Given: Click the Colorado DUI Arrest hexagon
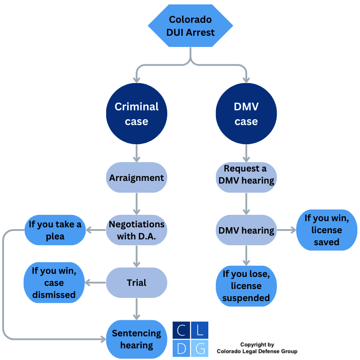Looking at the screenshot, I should coord(191,26).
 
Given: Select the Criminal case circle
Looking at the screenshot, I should coord(137,113).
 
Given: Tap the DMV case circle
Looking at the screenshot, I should coord(246,113).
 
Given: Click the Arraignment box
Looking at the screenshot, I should coord(137,177).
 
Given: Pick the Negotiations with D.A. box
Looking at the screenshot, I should coord(137,230).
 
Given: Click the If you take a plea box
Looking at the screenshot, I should coord(55,230).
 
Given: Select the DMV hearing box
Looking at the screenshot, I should coord(246,230).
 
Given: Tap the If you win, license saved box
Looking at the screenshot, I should coord(327,230).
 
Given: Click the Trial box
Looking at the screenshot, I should coord(137,283).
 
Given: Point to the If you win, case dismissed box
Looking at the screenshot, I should coord(54,283).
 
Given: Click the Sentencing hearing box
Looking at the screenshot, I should coord(137,339).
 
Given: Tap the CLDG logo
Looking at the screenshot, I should coord(190,339).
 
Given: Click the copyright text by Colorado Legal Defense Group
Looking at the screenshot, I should coord(257,348).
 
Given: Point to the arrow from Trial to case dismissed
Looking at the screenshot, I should coord(95,283).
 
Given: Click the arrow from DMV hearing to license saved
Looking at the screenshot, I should coord(286,230).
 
